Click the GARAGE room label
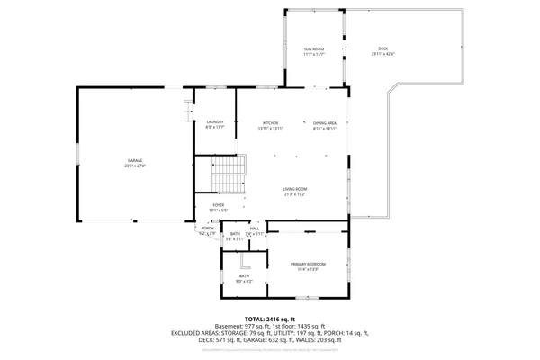point(135,161)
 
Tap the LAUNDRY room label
point(214,122)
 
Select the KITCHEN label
point(270,123)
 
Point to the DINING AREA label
point(324,123)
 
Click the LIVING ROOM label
point(295,189)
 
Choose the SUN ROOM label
point(313,49)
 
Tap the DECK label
point(383,49)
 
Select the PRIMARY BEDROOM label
point(308,264)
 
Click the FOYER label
point(218,205)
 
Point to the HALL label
point(255,229)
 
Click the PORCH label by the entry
point(207,229)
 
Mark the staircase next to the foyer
point(229,174)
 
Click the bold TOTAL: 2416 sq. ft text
point(270,319)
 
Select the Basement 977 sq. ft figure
point(239,326)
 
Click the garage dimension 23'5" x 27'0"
point(135,166)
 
